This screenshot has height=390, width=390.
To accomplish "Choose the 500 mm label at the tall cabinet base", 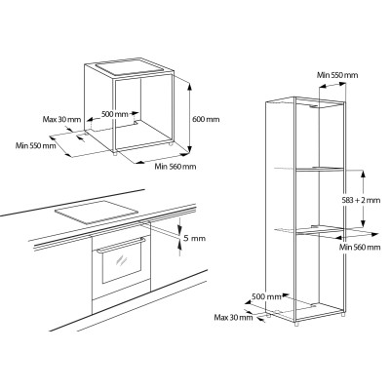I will coord(268,295).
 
